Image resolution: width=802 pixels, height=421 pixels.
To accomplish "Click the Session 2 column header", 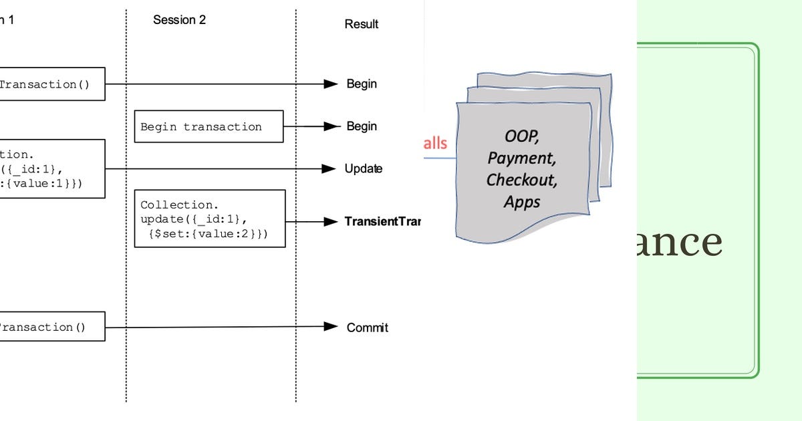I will click(x=179, y=20).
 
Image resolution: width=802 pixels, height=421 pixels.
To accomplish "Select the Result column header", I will click(x=361, y=24).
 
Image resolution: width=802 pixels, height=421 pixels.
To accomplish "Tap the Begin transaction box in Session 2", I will click(x=209, y=126).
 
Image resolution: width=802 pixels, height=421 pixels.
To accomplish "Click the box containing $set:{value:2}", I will click(x=210, y=219).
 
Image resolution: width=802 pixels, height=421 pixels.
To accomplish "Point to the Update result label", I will click(x=363, y=168).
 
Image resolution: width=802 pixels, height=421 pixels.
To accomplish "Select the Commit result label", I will click(x=367, y=327).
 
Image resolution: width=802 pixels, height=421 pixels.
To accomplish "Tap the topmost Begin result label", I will click(x=362, y=84).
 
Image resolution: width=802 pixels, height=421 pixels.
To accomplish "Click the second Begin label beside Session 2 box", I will click(x=362, y=126).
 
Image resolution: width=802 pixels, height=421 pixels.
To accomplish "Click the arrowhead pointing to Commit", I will click(x=330, y=327).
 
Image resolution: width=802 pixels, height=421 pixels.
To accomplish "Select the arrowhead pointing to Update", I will click(x=329, y=168).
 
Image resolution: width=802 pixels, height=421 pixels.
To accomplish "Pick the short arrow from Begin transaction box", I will click(x=304, y=126).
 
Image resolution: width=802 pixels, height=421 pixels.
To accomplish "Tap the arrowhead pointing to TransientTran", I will click(x=330, y=221).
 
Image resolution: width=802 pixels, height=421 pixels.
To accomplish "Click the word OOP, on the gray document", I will click(x=522, y=136).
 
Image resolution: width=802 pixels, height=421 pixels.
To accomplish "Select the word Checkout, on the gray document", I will click(x=521, y=180).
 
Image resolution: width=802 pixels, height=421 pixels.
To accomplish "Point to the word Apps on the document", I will click(x=522, y=201).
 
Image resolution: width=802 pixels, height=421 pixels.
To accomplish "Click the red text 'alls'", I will click(x=435, y=143).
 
